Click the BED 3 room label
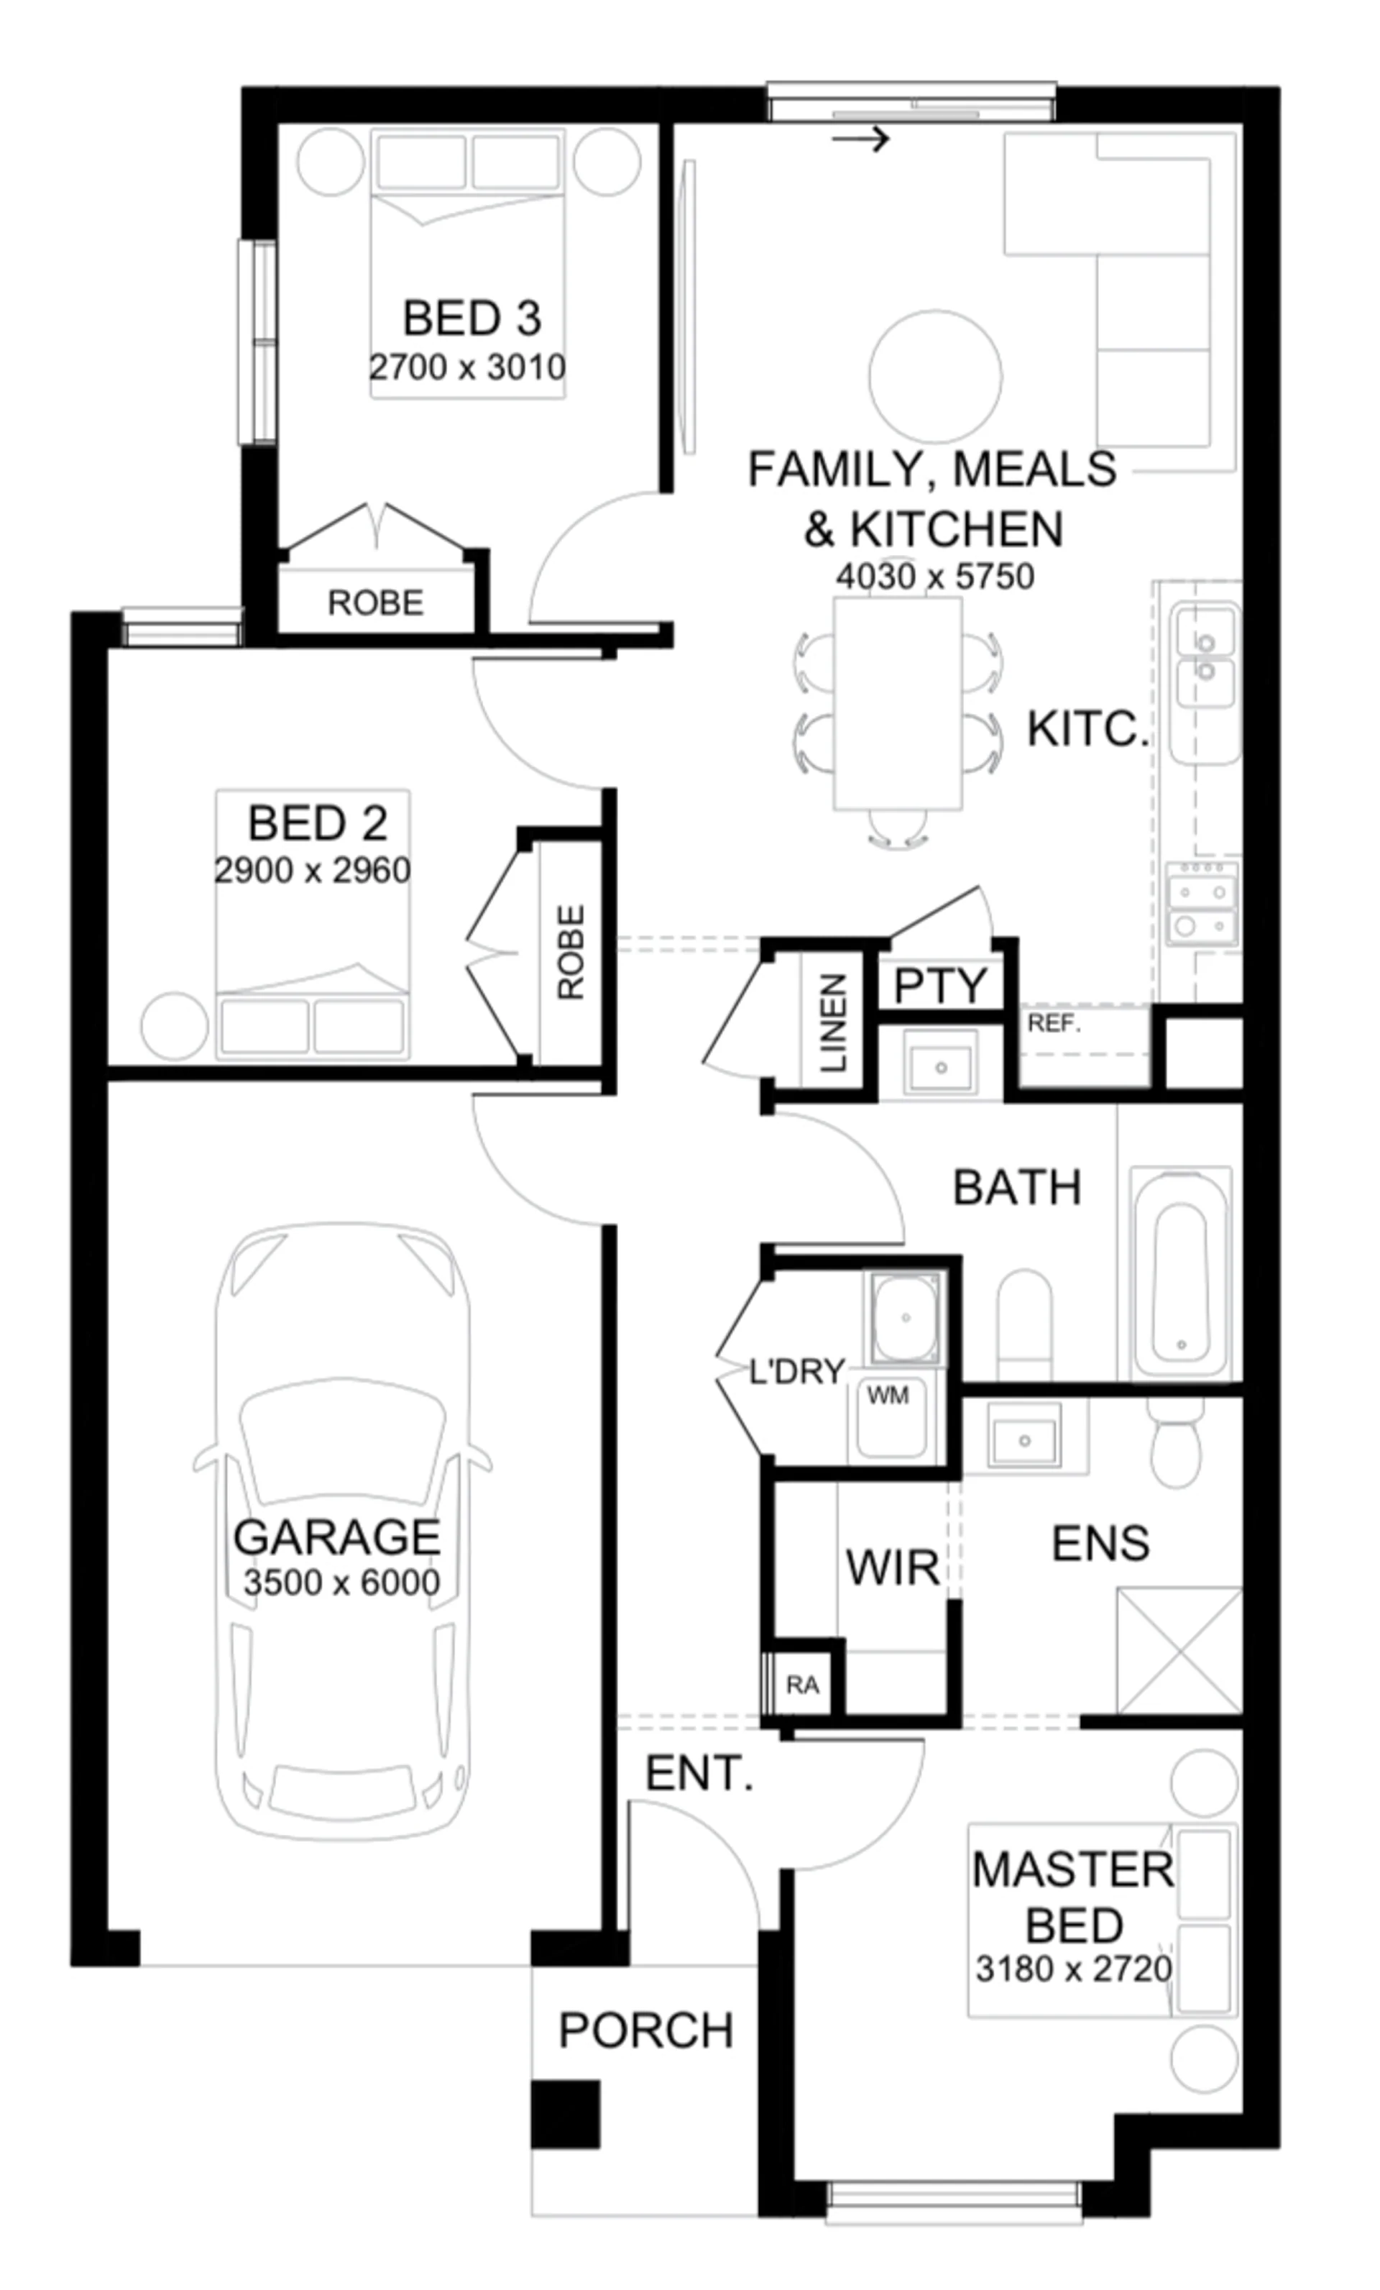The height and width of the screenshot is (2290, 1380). pos(471,318)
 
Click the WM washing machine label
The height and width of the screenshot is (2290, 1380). pos(888,1394)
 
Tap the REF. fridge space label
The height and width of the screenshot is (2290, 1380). pos(1054,1023)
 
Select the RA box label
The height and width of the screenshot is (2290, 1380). pos(802,1685)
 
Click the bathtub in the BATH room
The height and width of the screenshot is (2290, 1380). pos(1180,1273)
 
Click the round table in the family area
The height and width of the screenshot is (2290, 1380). pos(935,375)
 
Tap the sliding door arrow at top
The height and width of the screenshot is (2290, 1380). pos(860,139)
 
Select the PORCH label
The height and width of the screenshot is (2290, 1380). pos(646,2030)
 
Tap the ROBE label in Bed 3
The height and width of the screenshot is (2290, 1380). pos(375,603)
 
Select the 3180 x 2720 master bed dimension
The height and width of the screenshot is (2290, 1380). pos(1073,1967)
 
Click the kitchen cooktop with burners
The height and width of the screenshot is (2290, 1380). pos(1202,902)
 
